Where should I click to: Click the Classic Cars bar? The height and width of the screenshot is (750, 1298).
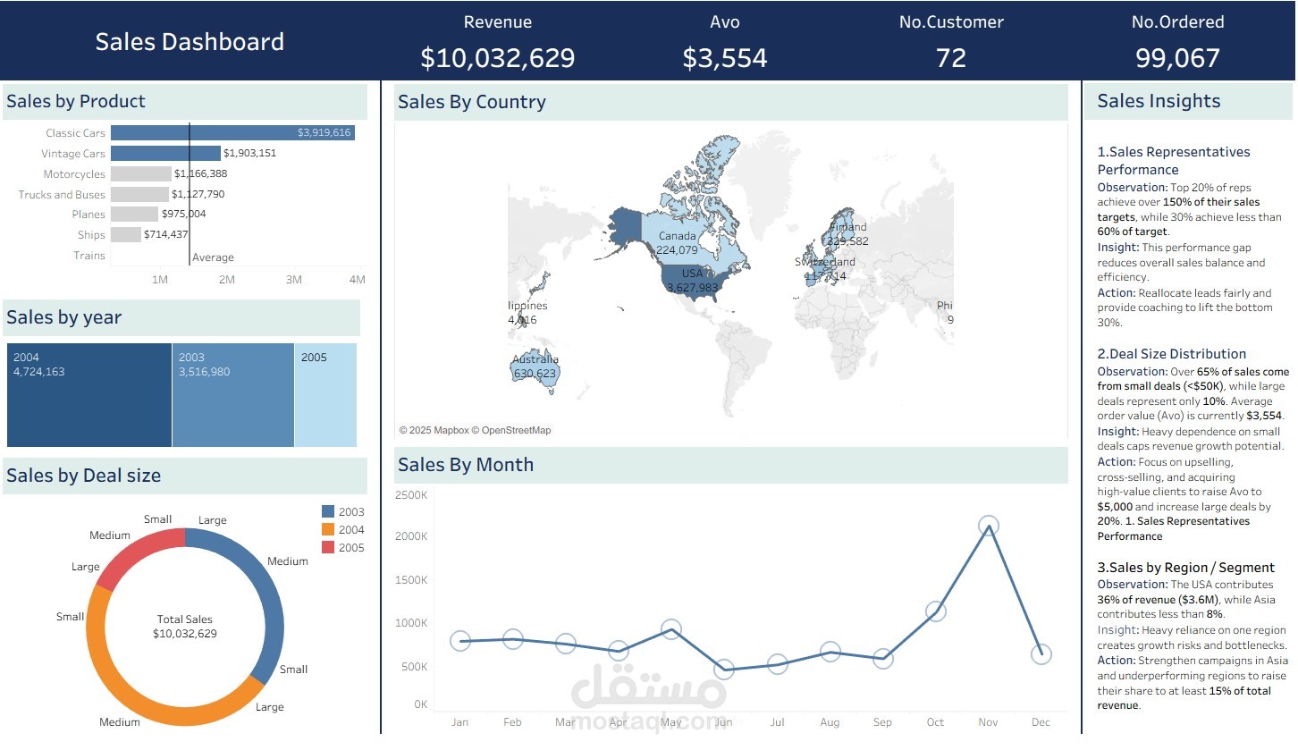[x=232, y=133]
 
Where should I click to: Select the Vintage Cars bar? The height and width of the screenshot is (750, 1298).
[x=165, y=154]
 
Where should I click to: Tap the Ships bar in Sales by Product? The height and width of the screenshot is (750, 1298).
[x=125, y=235]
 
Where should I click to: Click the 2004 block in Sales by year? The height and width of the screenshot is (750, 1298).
[x=89, y=395]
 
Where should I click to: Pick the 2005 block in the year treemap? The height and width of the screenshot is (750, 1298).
[x=325, y=395]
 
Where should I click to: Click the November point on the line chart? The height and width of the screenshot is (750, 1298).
[x=988, y=526]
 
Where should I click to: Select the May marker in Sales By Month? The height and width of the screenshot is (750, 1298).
[x=670, y=629]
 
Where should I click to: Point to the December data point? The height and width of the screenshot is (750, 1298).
[x=1041, y=654]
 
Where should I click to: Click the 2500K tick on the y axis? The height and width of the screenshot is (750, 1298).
[x=410, y=495]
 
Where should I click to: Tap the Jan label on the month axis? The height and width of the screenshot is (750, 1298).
[x=459, y=722]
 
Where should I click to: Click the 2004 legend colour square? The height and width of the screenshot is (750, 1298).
[x=328, y=530]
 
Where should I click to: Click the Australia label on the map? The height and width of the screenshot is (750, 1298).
[x=535, y=360]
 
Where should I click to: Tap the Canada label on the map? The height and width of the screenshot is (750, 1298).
[x=677, y=236]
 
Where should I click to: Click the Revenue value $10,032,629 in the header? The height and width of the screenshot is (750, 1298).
[x=498, y=58]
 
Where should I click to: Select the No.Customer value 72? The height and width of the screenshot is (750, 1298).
[x=951, y=58]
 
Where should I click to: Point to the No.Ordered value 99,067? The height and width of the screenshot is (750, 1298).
[x=1177, y=58]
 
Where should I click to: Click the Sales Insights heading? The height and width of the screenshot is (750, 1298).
[x=1159, y=102]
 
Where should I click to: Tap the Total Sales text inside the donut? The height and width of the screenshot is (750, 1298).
[x=185, y=619]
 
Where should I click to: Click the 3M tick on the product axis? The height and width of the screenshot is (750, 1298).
[x=293, y=280]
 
